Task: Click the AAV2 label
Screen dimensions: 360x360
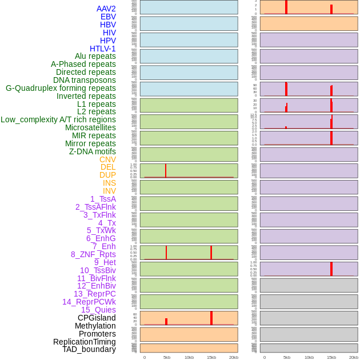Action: (x=106, y=9)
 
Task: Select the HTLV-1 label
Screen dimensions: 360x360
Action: (x=103, y=49)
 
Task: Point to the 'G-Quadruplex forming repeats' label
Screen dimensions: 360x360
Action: (x=61, y=88)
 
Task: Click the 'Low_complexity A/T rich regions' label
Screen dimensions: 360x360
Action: (x=58, y=119)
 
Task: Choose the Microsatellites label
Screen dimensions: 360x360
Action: (x=90, y=127)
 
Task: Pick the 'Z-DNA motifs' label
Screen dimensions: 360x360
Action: (x=92, y=151)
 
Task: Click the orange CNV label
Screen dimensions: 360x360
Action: (x=107, y=159)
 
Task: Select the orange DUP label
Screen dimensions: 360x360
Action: (x=107, y=175)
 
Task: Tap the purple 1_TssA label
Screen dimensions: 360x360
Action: (x=103, y=199)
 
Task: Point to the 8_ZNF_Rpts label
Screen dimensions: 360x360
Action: (x=93, y=254)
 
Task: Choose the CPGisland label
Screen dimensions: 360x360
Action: (x=97, y=318)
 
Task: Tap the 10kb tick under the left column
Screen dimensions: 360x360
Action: (x=189, y=357)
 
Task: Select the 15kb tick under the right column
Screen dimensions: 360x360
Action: (x=331, y=357)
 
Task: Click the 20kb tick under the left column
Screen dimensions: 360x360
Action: (x=234, y=357)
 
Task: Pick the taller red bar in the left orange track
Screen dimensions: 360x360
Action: (x=211, y=318)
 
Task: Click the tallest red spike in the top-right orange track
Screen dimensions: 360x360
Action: (x=286, y=7)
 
